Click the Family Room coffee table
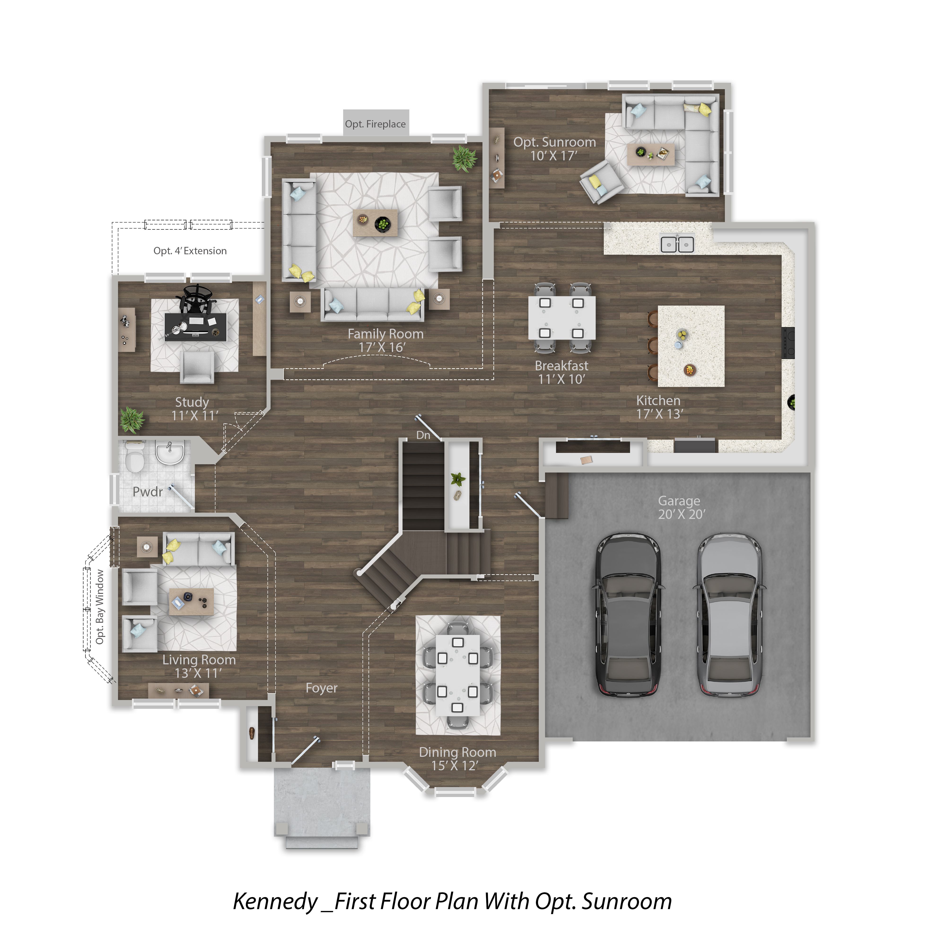(x=375, y=223)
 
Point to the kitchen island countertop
(x=691, y=346)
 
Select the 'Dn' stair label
(x=423, y=435)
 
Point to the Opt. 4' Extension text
(x=190, y=251)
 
